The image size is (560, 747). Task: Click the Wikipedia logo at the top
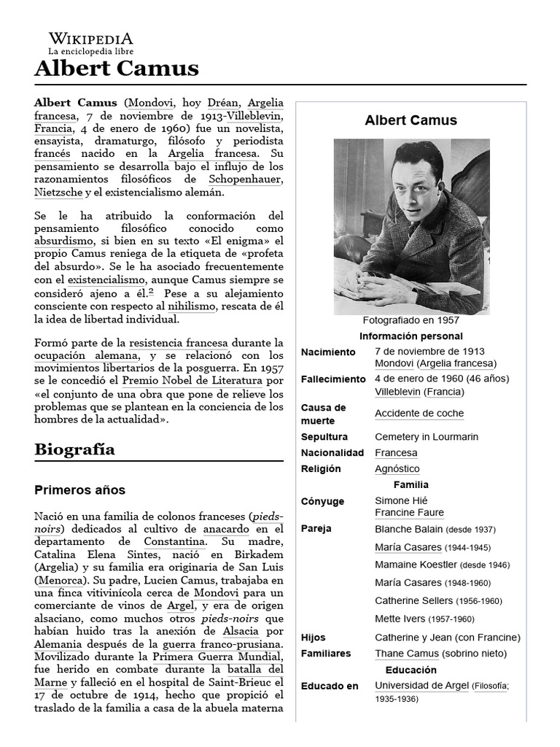click(x=90, y=44)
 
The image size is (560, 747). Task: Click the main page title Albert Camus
click(x=117, y=69)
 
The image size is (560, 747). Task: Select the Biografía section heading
click(x=74, y=449)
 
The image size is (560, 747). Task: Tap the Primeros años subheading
click(x=79, y=489)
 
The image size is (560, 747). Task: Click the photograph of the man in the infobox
click(x=411, y=226)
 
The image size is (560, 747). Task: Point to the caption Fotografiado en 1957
click(x=411, y=320)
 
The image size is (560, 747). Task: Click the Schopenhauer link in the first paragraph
click(x=246, y=179)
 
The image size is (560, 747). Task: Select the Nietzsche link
click(x=58, y=193)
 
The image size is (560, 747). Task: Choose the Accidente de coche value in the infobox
click(x=419, y=414)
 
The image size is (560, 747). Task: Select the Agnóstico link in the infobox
click(x=397, y=469)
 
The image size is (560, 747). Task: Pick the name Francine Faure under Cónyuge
click(x=409, y=513)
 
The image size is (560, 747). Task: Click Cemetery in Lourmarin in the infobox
click(x=426, y=437)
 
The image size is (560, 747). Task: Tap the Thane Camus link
click(x=407, y=654)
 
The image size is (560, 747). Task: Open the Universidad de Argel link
click(x=421, y=686)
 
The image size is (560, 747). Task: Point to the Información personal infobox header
click(x=411, y=336)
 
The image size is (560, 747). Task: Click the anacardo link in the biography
click(x=226, y=528)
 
